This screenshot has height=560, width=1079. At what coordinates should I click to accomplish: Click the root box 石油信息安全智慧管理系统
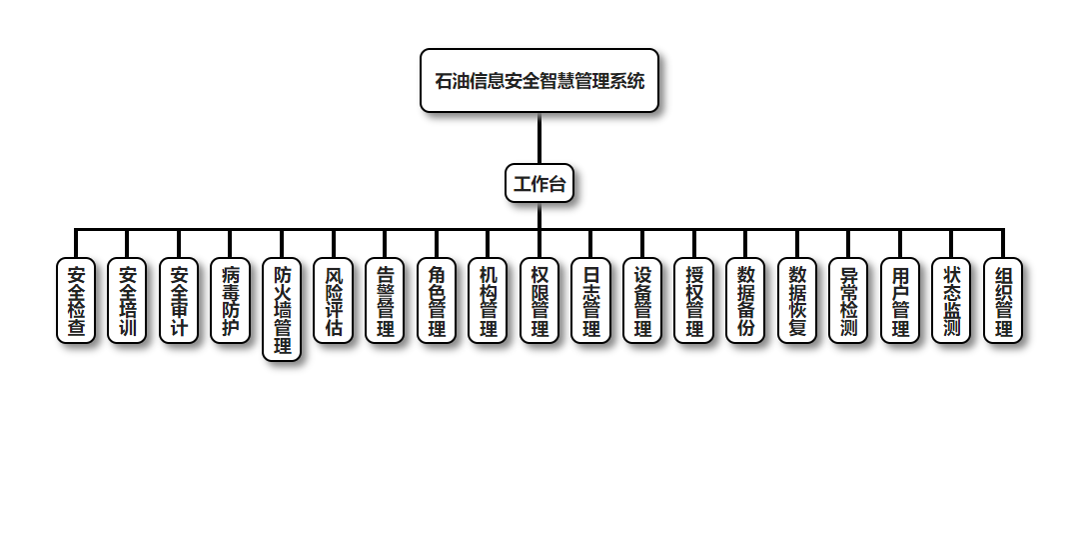pos(539,81)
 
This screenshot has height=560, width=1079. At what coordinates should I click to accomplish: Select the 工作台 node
pos(539,184)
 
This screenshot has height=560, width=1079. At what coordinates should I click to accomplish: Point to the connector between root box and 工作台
pos(539,138)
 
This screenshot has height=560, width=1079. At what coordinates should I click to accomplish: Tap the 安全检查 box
pos(76,301)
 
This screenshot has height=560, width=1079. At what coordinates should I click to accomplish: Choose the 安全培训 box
pos(128,301)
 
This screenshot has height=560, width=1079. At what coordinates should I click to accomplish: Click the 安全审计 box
pos(179,301)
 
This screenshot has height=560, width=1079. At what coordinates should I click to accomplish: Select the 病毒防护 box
pos(231,301)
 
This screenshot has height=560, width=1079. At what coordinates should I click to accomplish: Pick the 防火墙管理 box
pos(282,310)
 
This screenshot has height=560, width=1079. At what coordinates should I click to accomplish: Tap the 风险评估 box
pos(334,301)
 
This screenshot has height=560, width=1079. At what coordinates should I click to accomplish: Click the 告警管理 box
pos(385,301)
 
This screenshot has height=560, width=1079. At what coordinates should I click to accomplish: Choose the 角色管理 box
pos(437,301)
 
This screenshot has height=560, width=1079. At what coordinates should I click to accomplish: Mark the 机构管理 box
pos(488,301)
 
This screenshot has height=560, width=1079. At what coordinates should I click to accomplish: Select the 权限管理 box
pos(539,301)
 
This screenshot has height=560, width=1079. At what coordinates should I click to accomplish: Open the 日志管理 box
pos(591,301)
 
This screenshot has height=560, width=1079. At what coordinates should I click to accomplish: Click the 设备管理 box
pos(642,301)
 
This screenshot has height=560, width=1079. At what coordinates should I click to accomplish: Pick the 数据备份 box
pos(745,301)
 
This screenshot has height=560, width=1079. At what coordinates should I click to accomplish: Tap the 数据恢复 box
pos(797,301)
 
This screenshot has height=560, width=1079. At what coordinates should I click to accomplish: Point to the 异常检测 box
pos(848,301)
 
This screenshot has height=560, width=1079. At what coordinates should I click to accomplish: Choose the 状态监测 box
pos(951,301)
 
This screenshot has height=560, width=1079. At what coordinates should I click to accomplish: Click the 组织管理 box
pos(1003,301)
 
